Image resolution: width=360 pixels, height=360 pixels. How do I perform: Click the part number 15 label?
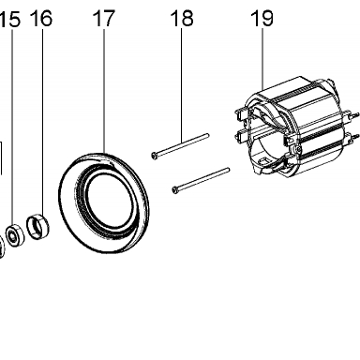click(x=10, y=19)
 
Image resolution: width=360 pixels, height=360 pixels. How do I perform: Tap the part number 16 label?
click(x=41, y=18)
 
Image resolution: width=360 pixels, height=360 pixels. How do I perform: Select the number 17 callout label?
click(x=104, y=18)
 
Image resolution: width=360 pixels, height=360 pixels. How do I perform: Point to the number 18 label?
click(x=182, y=18)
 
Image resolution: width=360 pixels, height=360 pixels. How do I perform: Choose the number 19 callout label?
click(x=262, y=18)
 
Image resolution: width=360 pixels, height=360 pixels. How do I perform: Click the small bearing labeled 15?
click(x=15, y=234)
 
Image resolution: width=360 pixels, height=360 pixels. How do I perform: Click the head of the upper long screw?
click(x=154, y=155)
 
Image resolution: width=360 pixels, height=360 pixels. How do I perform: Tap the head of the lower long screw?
click(x=174, y=189)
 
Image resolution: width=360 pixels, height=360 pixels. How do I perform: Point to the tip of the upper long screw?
click(x=207, y=135)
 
